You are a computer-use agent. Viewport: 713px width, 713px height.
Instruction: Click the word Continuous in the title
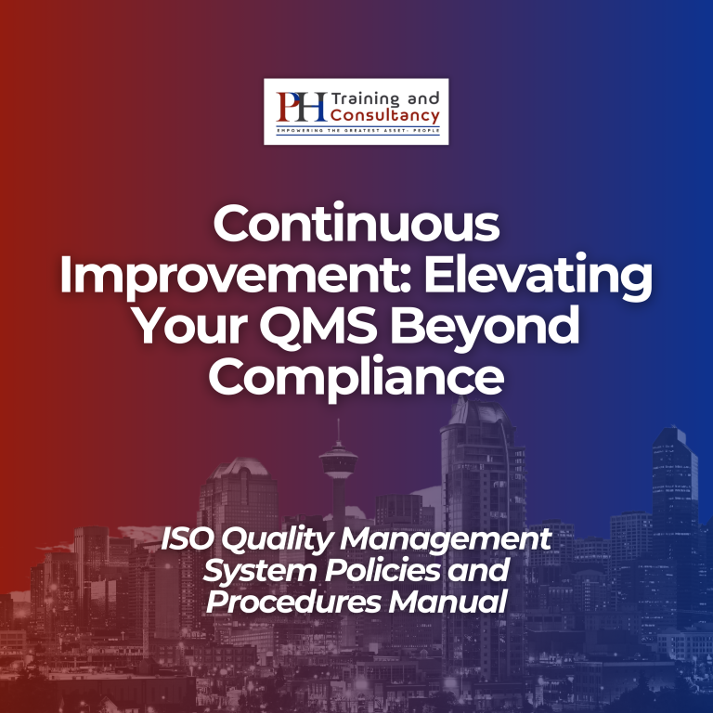pos(356,224)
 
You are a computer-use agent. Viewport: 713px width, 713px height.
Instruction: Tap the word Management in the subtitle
pos(446,540)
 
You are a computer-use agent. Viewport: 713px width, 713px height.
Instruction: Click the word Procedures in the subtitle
pos(293,602)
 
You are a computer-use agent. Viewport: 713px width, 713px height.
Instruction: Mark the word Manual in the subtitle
pos(447,602)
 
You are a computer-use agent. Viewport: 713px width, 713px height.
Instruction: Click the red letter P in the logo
pos(289,107)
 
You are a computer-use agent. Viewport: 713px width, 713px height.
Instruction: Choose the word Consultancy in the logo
pos(385,115)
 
